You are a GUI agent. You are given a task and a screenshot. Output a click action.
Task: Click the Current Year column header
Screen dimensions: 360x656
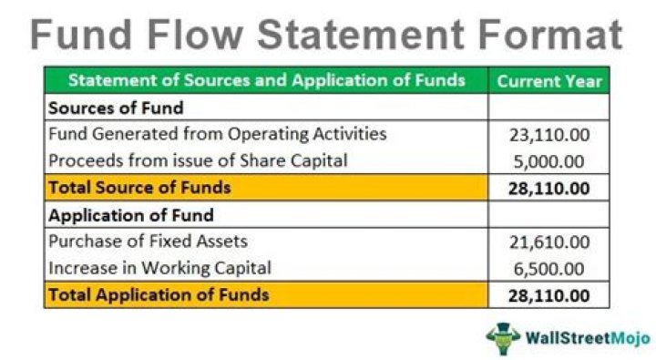click(549, 80)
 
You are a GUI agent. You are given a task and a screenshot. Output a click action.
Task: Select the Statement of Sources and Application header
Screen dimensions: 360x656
click(266, 80)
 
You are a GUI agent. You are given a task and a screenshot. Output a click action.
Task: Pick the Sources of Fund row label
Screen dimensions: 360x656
click(116, 108)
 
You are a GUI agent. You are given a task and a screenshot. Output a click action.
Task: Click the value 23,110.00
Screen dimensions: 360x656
click(549, 136)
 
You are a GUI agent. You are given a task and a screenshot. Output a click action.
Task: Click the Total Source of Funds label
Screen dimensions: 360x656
click(139, 189)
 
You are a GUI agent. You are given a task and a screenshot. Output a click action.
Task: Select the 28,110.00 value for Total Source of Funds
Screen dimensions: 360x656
click(549, 190)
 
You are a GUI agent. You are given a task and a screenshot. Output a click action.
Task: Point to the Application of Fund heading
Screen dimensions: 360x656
click(130, 216)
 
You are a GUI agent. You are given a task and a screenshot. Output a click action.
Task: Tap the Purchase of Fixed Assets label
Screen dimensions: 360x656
click(148, 242)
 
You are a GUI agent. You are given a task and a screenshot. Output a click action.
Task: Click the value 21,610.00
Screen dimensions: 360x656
click(549, 242)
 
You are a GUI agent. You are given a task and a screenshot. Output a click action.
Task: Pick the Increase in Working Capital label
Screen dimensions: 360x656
click(159, 268)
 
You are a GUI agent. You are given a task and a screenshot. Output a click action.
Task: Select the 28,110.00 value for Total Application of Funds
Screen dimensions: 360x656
click(549, 296)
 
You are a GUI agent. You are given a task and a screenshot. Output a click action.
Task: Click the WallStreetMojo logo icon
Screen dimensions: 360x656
click(503, 336)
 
